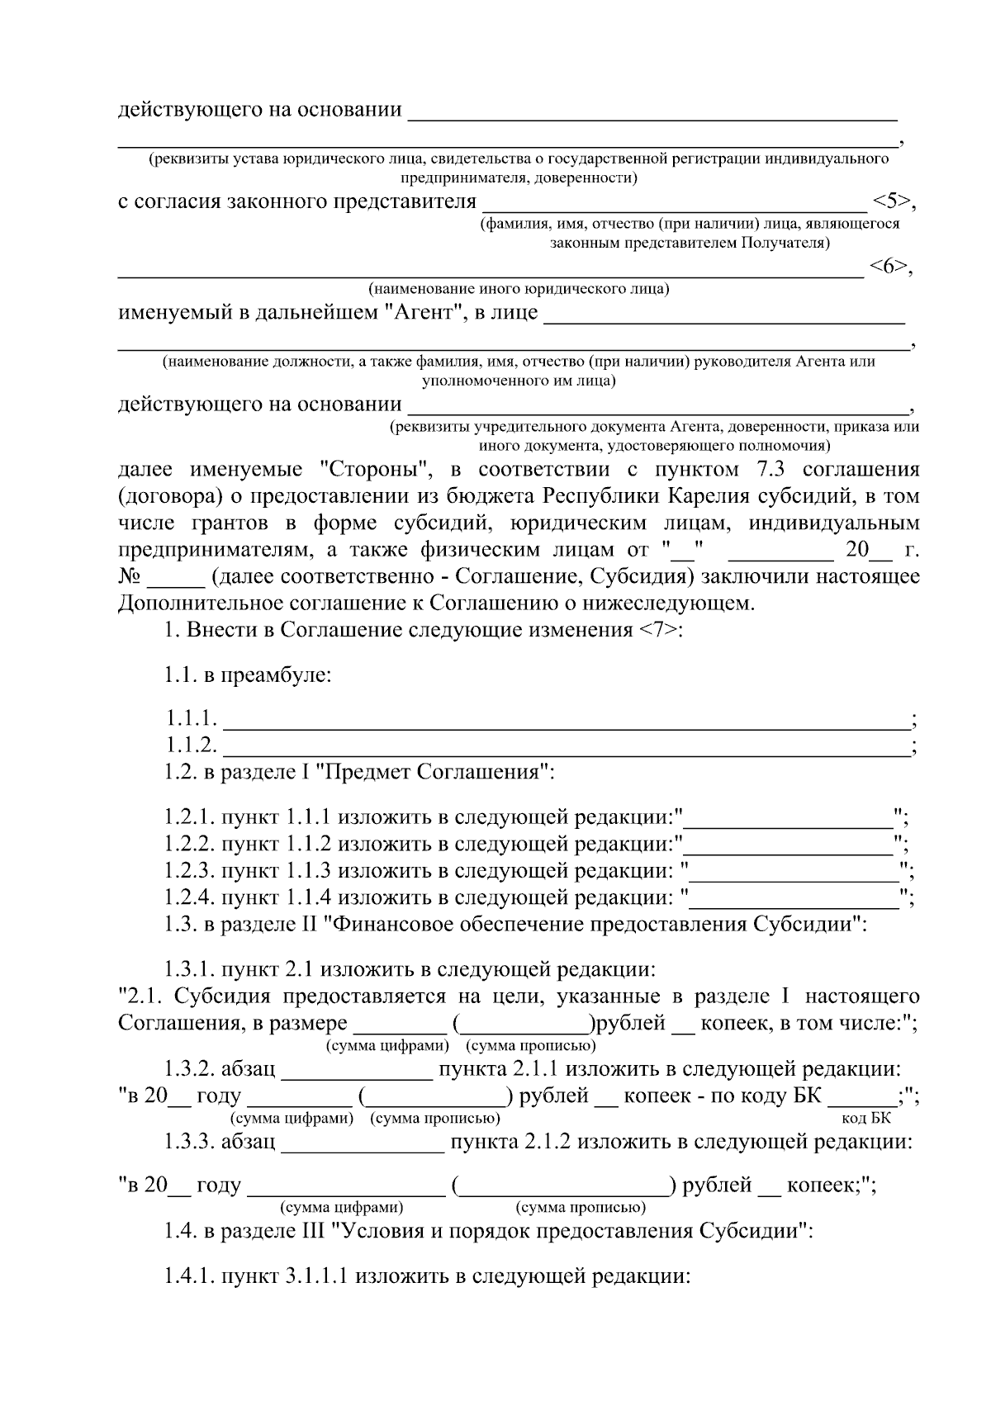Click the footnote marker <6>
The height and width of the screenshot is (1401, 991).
(x=888, y=266)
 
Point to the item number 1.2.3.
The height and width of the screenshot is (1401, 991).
(x=189, y=870)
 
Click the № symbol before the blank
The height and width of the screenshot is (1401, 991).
(x=131, y=576)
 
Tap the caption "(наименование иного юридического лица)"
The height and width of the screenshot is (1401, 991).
(x=519, y=289)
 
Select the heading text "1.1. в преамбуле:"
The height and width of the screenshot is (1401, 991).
(x=247, y=675)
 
